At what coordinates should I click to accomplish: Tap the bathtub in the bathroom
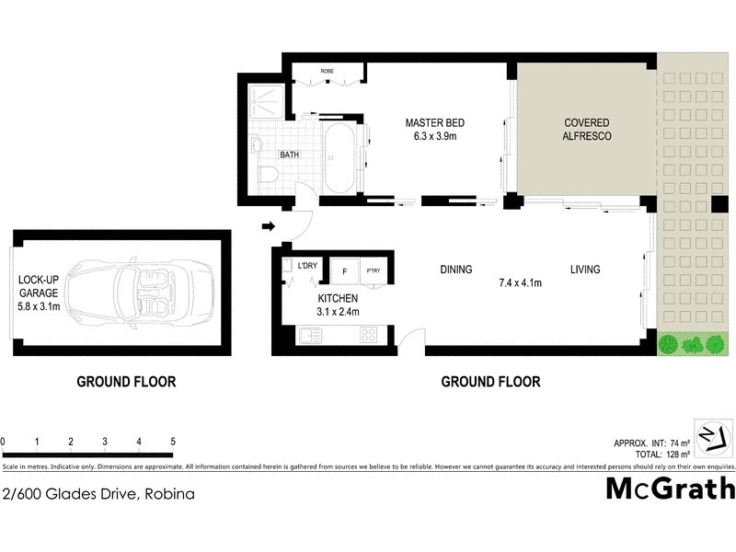(339, 159)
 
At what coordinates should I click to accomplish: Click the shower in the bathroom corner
(267, 102)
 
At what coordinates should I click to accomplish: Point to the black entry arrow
(268, 226)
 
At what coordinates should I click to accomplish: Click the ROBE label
(327, 71)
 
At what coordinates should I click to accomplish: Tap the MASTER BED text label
(435, 123)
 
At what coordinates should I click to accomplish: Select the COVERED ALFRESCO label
(587, 129)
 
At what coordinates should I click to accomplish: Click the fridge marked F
(344, 270)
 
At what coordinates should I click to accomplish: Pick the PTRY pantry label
(374, 270)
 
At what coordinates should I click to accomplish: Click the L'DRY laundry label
(306, 266)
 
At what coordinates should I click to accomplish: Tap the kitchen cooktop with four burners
(368, 336)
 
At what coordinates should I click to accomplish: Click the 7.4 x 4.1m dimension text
(519, 282)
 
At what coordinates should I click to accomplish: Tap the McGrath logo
(670, 487)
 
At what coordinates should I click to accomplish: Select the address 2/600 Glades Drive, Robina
(98, 494)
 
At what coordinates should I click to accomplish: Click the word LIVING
(584, 270)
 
